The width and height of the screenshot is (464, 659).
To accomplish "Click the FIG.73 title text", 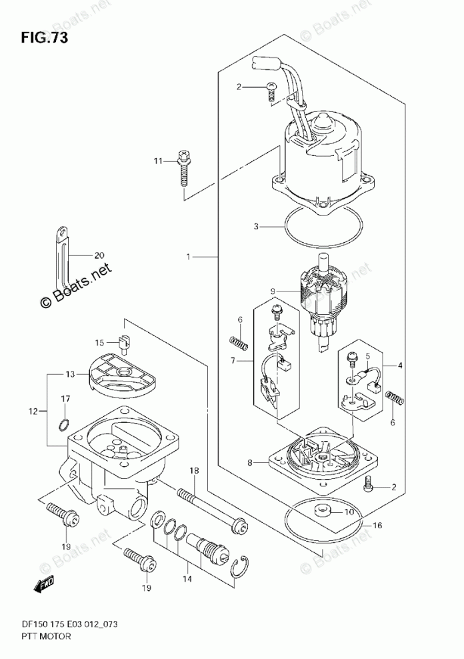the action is [x=44, y=38].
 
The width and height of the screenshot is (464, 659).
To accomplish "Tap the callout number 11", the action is [x=157, y=161].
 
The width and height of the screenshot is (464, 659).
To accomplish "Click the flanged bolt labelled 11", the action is [x=184, y=167].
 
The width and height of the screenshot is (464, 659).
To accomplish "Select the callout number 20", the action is [x=99, y=255].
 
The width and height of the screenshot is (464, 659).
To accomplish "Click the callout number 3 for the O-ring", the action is [x=256, y=227].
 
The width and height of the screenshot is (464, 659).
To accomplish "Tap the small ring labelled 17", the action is [x=62, y=426].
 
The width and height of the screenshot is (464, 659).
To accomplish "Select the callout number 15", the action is [x=99, y=343].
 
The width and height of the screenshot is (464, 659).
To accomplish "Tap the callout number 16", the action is [x=377, y=526].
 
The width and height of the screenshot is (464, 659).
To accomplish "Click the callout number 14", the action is [x=187, y=579].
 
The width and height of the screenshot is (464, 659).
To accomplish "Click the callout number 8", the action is [x=250, y=463].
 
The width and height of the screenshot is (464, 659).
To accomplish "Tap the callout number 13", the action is [x=70, y=374].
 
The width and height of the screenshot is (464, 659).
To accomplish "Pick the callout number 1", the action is [x=189, y=256].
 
